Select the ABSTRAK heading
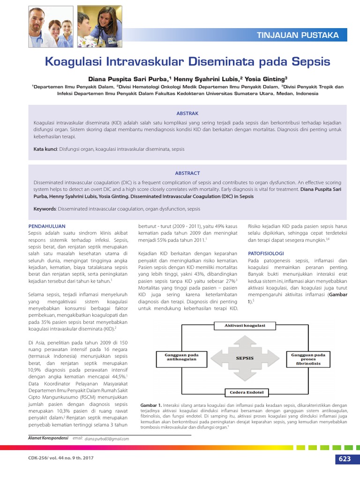pos(187,113)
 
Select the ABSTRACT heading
pos(187,173)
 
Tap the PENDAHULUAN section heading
pos(47,226)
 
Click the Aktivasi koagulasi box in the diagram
pos(244,325)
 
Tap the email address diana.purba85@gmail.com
pos(107,439)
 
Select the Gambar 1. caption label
pos(151,405)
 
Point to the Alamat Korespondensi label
pos(47,438)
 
